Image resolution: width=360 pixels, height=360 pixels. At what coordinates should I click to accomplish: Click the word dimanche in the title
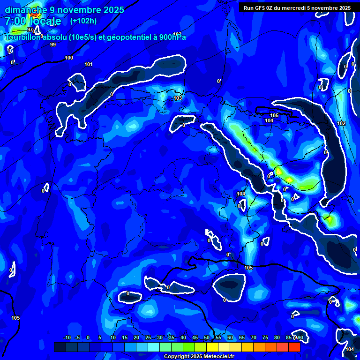26,10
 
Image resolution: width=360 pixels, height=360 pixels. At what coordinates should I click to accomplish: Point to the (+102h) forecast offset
83,21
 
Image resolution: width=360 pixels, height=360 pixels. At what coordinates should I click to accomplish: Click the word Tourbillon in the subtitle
23,37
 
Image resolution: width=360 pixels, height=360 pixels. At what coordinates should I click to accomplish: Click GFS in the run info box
258,8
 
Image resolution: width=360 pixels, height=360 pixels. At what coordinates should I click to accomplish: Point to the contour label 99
53,45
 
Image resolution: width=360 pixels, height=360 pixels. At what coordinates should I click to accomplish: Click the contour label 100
69,58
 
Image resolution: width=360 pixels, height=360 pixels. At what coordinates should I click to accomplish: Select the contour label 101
89,64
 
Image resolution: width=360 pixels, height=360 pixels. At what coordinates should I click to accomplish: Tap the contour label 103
177,98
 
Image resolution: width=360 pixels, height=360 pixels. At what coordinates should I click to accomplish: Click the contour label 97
30,30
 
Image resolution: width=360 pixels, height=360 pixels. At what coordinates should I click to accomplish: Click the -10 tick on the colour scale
67,337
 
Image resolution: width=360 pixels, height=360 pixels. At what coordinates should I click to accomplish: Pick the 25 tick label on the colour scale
148,337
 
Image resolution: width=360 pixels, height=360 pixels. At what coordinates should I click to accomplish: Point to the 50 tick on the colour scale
206,337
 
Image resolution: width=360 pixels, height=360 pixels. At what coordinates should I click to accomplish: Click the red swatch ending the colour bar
294,347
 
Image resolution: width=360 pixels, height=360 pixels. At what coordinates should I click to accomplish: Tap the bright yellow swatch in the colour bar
212,347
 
